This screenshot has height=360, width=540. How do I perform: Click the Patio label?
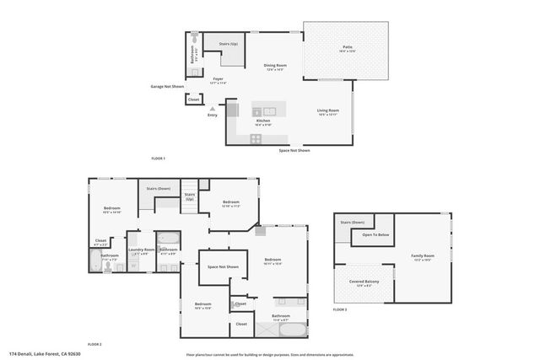pos(347,48)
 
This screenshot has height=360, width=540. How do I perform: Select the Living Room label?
pos(328,110)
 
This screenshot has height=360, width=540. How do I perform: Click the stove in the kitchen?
pos(256,139)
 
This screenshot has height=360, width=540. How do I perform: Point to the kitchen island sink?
pos(268,111)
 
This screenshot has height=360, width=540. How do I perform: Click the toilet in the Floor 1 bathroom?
pos(195,39)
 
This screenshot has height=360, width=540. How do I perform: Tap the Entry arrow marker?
pos(213,109)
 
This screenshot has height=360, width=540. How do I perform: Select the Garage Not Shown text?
pos(167,86)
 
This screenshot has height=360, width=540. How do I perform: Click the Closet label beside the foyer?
pos(193,99)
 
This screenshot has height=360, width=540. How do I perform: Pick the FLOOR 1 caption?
pos(158,159)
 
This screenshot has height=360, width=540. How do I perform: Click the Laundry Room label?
pos(142,250)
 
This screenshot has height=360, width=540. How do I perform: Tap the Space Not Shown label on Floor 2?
pos(223,267)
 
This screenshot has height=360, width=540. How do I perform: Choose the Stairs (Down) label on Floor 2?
pos(159,189)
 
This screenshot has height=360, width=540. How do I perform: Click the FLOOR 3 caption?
pos(339,310)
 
